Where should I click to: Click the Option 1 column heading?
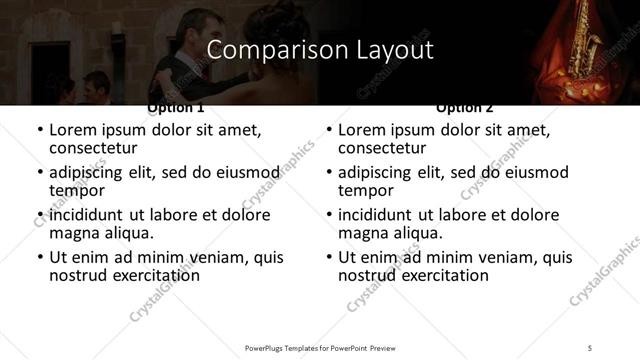tap(175, 107)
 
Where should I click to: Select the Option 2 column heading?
tap(465, 107)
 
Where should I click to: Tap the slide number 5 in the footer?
tap(590, 347)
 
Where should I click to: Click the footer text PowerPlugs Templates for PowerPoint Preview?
tap(319, 347)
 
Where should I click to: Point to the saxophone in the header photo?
tap(584, 40)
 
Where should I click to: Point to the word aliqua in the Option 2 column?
tap(417, 233)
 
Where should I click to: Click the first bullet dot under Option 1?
tap(39, 132)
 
